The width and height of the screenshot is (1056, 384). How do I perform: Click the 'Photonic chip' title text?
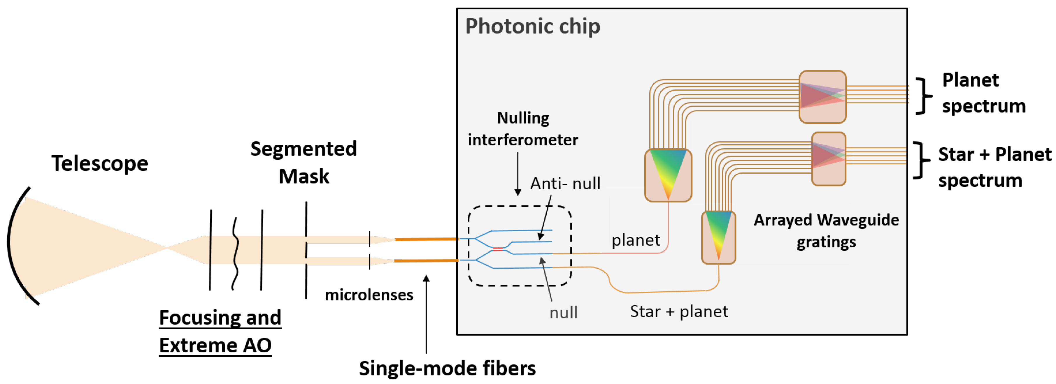point(532,27)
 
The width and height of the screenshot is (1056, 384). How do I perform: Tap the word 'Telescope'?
point(100,163)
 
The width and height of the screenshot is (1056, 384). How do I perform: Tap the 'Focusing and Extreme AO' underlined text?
point(220,331)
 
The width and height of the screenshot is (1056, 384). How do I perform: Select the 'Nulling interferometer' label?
point(523,129)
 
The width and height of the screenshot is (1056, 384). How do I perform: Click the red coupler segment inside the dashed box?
point(498,249)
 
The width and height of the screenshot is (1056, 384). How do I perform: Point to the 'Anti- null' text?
point(565,183)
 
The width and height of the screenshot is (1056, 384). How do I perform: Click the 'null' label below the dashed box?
point(563,313)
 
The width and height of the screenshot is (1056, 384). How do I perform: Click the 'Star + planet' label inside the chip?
point(679,311)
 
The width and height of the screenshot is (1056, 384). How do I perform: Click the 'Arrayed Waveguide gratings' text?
point(826,231)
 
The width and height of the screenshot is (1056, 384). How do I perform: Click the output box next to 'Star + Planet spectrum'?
point(829,159)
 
